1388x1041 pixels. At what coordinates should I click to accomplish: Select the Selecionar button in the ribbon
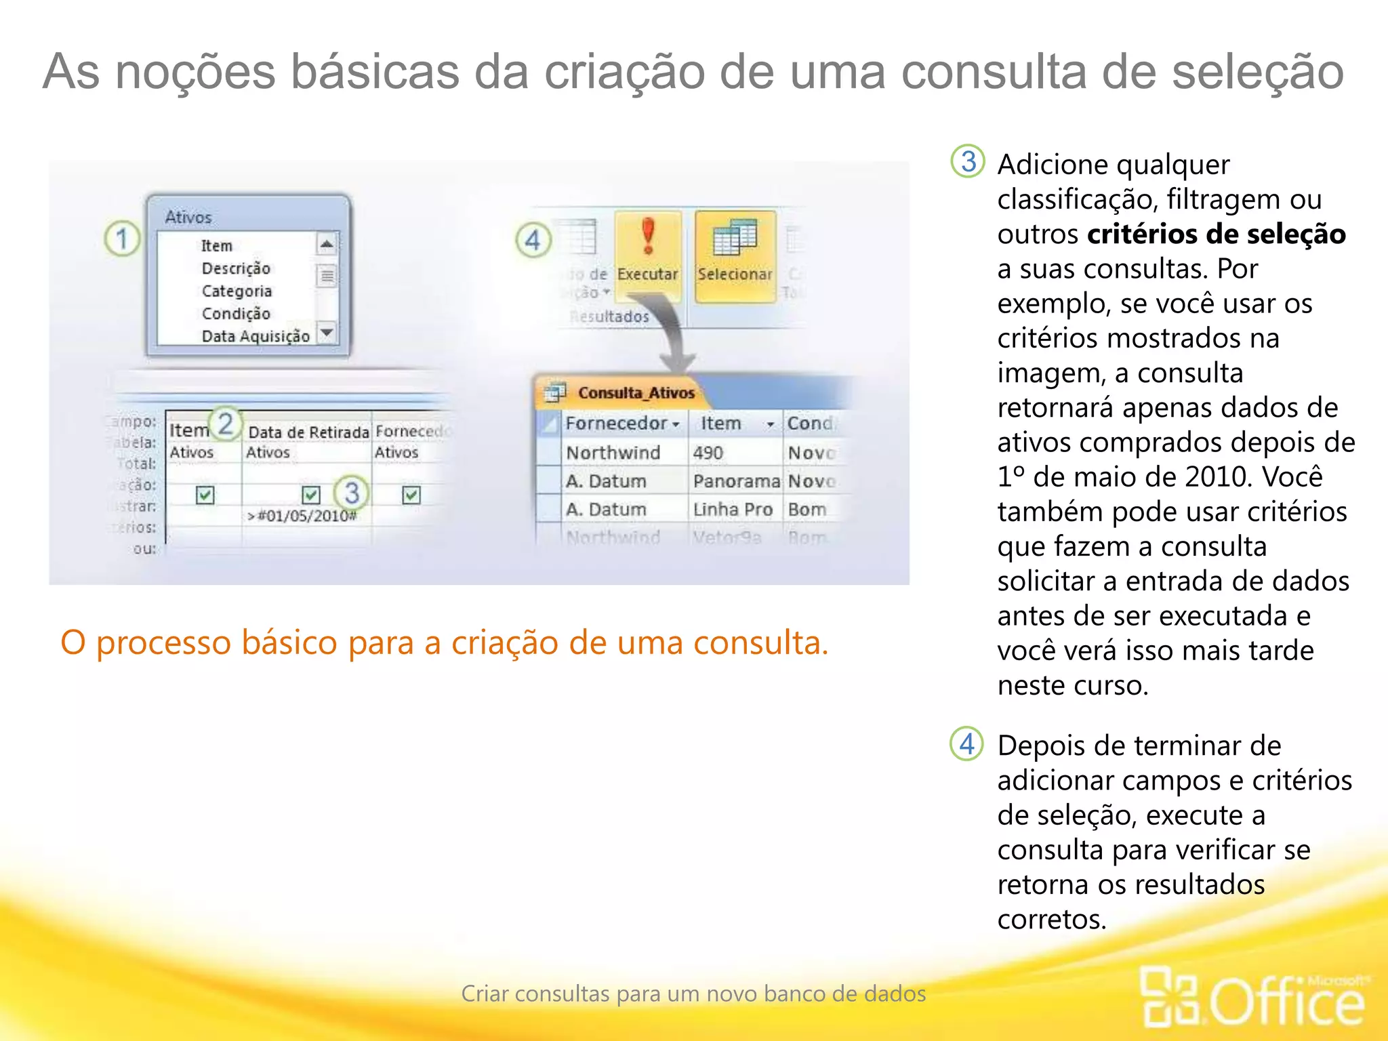pyautogui.click(x=735, y=255)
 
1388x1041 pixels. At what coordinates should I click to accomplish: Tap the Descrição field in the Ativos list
pyautogui.click(x=236, y=268)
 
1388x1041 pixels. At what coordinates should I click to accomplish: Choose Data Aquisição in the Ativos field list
pyautogui.click(x=256, y=336)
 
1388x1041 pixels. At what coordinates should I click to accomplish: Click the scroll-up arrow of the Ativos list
pyautogui.click(x=327, y=244)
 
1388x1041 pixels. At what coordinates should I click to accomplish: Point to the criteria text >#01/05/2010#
pyautogui.click(x=302, y=516)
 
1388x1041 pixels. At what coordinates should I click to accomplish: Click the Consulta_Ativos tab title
pyautogui.click(x=636, y=393)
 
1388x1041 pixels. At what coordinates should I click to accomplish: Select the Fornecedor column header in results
pyautogui.click(x=617, y=424)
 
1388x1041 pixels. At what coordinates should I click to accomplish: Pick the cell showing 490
pyautogui.click(x=708, y=453)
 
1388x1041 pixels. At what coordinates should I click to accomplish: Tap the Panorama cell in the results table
pyautogui.click(x=736, y=481)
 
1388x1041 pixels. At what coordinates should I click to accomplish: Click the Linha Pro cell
pyautogui.click(x=733, y=510)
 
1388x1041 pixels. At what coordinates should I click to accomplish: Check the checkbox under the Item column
pyautogui.click(x=205, y=495)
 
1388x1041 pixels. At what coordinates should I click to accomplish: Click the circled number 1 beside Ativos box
pyautogui.click(x=122, y=239)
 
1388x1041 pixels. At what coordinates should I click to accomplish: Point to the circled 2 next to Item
pyautogui.click(x=225, y=424)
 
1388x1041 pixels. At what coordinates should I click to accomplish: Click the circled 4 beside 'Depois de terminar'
pyautogui.click(x=967, y=744)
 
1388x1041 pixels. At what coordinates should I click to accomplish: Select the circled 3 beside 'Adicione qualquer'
pyautogui.click(x=968, y=161)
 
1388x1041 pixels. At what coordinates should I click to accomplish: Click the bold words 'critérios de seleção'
pyautogui.click(x=1216, y=234)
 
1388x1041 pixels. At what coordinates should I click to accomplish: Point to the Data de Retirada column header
pyautogui.click(x=308, y=432)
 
